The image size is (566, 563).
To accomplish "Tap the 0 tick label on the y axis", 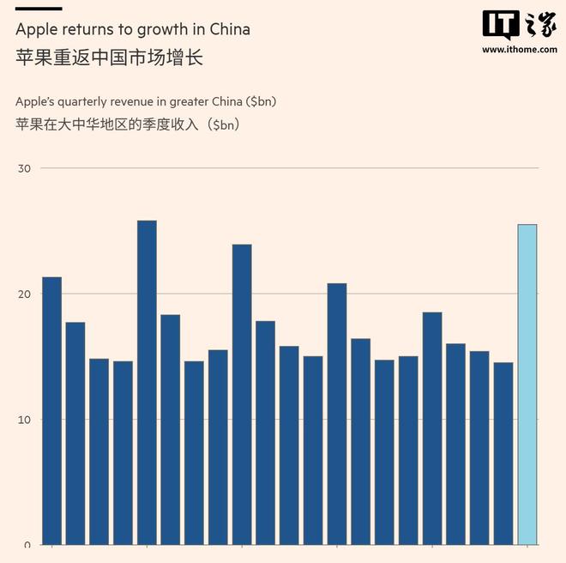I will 27,544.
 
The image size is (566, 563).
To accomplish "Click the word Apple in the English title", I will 35,29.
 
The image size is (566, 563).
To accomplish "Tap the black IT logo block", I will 501,25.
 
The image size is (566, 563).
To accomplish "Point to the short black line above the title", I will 39,9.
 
